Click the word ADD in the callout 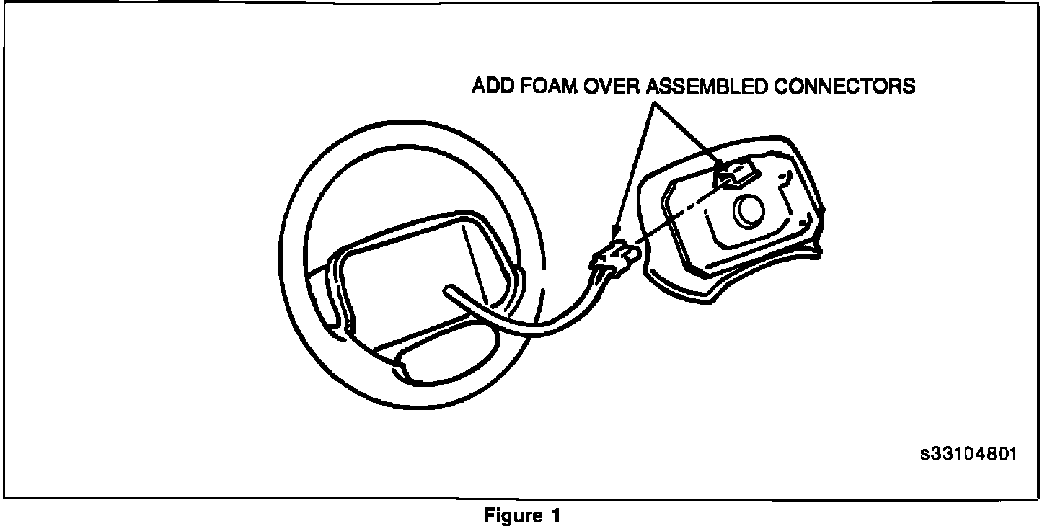tap(490, 87)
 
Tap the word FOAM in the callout tap(543, 87)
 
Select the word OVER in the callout tap(606, 87)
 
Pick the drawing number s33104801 tap(968, 455)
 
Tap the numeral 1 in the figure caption tap(555, 516)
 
